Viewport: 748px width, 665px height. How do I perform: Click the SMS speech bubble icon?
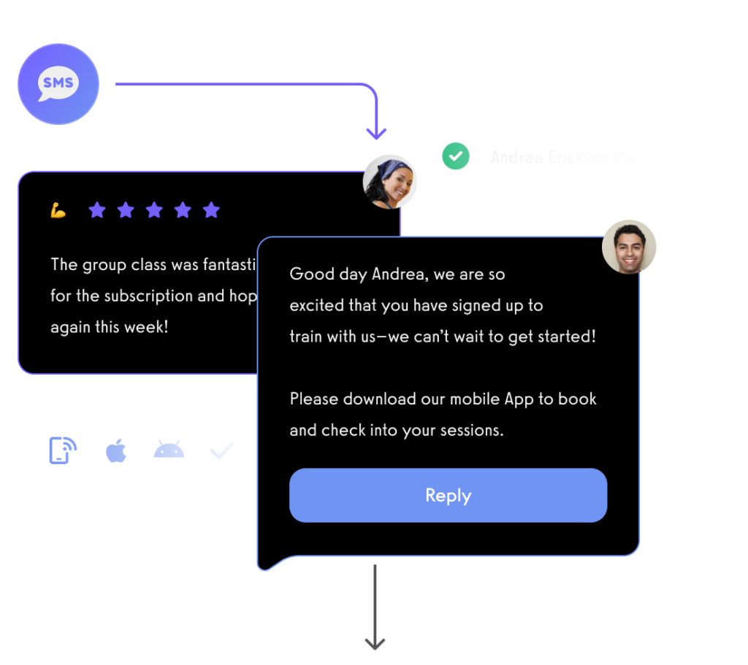coord(58,84)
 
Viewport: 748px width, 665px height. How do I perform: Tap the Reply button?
coord(448,496)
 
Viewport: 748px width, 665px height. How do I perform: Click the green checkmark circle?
coord(455,156)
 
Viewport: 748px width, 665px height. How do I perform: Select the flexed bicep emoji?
coord(58,211)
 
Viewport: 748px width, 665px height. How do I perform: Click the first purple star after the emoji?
coord(97,211)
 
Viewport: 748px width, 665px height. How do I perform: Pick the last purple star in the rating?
coord(211,211)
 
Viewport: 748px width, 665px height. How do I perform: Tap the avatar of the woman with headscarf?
coord(390,181)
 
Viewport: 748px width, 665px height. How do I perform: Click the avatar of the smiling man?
coord(629,247)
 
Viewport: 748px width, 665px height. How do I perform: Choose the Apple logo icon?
coord(117,451)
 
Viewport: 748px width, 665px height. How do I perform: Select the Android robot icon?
coord(169,450)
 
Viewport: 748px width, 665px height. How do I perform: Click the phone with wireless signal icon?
coord(63,450)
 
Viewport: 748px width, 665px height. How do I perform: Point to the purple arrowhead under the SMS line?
coord(376,133)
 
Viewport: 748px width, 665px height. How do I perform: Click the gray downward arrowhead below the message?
coord(375,642)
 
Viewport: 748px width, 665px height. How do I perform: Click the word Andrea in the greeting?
coord(399,274)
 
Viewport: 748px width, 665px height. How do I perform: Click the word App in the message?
coord(519,399)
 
